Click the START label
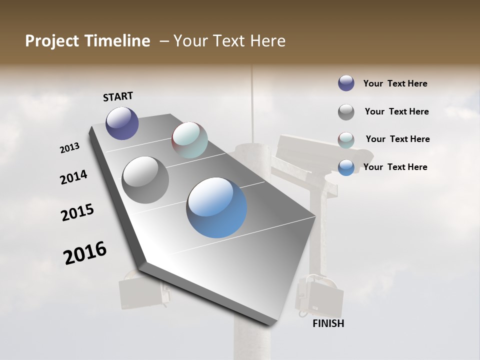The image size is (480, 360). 118,96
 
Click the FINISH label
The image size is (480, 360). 328,323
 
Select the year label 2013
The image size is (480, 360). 69,148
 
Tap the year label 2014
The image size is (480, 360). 73,177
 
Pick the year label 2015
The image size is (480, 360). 77,212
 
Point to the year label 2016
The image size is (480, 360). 85,253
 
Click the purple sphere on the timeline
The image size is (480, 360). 122,123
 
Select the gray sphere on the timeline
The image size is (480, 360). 145,180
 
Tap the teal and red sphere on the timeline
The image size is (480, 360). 189,140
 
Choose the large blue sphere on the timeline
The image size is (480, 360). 216,207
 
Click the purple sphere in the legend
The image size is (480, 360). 346,83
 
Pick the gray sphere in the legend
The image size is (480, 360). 346,112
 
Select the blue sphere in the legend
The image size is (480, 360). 346,167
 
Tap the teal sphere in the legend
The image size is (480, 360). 346,140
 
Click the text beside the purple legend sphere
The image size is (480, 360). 395,83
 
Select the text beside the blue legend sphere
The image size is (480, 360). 395,167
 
